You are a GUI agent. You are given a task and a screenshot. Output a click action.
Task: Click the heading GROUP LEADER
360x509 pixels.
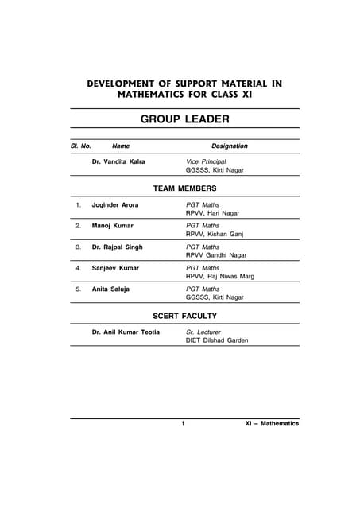coord(185,119)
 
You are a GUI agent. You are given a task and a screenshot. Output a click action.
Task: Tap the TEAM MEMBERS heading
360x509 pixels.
coord(184,188)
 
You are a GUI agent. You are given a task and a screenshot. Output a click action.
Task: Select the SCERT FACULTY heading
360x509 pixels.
coord(184,316)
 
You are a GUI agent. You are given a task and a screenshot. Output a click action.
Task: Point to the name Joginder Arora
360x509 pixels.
coord(118,205)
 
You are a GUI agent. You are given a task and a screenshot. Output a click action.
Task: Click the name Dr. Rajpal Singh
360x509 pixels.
coord(118,247)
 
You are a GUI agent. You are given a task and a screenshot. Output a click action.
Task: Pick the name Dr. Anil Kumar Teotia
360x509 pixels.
coord(126,332)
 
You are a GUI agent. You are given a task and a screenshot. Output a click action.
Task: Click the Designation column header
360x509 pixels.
coord(229,146)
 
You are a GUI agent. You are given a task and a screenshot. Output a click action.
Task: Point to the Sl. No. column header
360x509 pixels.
coord(81,146)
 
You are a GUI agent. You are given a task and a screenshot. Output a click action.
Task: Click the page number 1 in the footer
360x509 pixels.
coord(183,424)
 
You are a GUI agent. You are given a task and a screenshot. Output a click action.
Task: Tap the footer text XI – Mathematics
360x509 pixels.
coord(272,424)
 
